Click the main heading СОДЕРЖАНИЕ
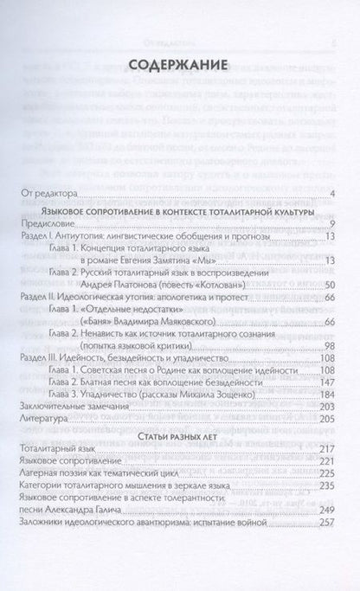pos(180,65)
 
